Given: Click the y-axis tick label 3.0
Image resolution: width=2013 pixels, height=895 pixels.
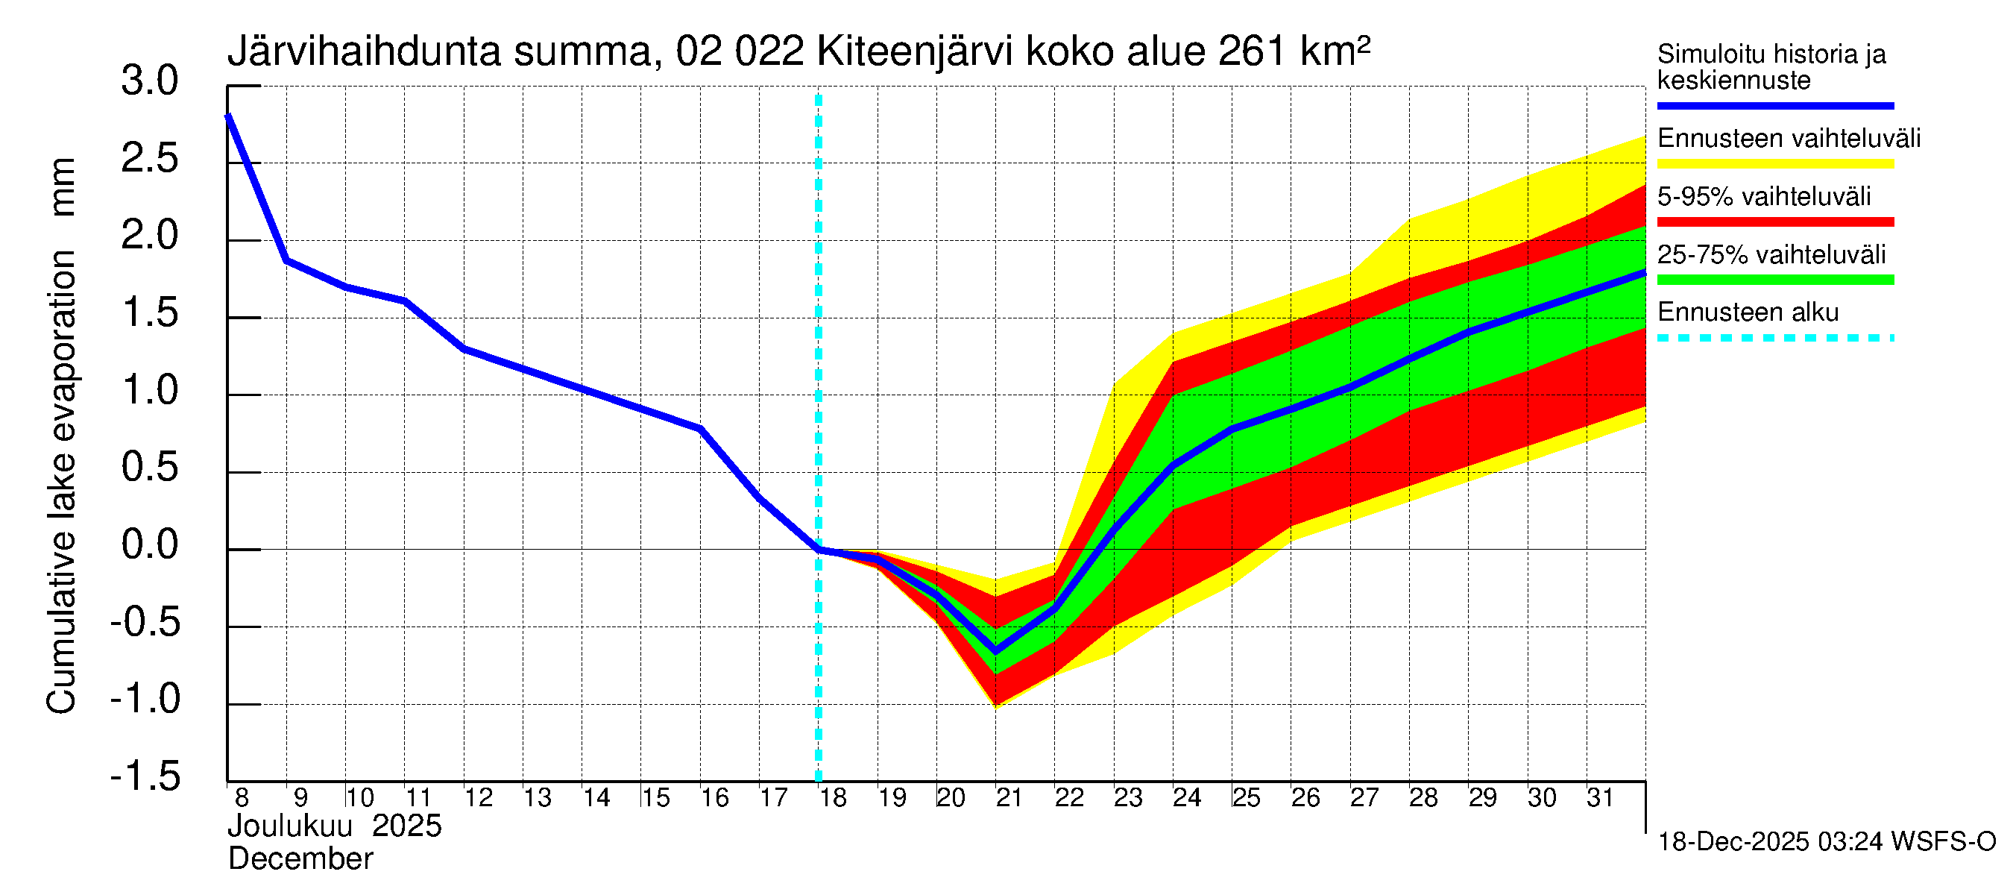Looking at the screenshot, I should pyautogui.click(x=149, y=81).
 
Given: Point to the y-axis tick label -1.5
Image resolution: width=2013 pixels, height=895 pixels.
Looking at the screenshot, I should pyautogui.click(x=145, y=776).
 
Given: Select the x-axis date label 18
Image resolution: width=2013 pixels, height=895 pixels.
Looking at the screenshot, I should pyautogui.click(x=833, y=798).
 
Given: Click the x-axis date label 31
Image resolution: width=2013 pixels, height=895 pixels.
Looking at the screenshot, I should pyautogui.click(x=1600, y=798).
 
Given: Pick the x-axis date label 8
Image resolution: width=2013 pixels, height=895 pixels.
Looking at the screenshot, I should pyautogui.click(x=242, y=798).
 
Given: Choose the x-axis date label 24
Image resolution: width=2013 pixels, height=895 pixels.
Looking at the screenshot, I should pyautogui.click(x=1187, y=798).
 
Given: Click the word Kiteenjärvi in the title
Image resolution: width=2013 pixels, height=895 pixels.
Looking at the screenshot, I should pyautogui.click(x=914, y=52).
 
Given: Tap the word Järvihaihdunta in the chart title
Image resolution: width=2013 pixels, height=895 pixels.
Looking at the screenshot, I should pyautogui.click(x=363, y=52).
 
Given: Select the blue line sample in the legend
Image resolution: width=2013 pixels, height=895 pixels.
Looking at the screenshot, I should pyautogui.click(x=1774, y=105).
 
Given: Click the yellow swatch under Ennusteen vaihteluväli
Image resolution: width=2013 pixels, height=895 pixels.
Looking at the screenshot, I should pyautogui.click(x=1774, y=164).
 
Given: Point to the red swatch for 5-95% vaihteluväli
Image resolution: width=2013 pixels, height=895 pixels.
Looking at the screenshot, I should pyautogui.click(x=1774, y=222).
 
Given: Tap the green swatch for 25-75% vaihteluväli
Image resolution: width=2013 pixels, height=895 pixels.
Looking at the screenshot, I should pyautogui.click(x=1774, y=280).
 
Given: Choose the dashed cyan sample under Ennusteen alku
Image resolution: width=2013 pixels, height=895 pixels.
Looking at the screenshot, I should pyautogui.click(x=1774, y=339).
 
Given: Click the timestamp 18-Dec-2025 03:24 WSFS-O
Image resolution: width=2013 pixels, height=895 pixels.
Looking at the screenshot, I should pyautogui.click(x=1826, y=842).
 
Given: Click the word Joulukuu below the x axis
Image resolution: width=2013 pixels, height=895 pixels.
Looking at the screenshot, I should pyautogui.click(x=290, y=826).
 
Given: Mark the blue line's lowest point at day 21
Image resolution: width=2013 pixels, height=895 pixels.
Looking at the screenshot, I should pyautogui.click(x=995, y=651).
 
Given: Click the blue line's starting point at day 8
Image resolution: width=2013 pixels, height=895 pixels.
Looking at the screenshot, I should pyautogui.click(x=228, y=116).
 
